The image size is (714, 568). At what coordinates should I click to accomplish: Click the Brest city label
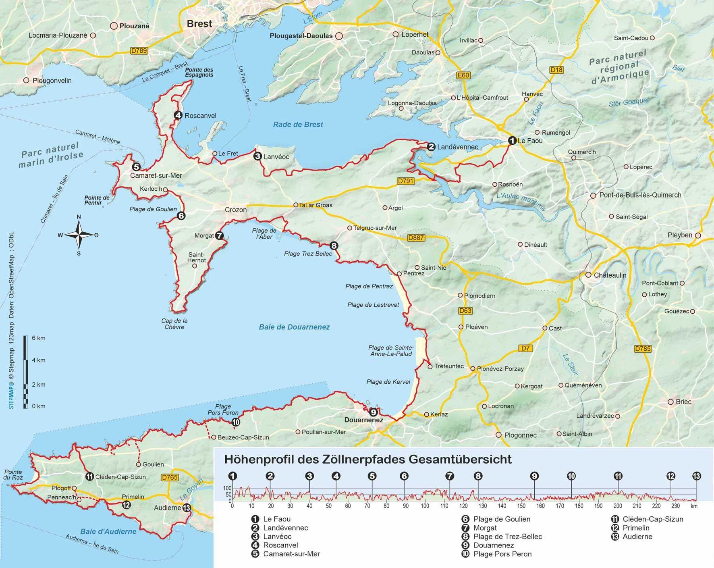(199, 24)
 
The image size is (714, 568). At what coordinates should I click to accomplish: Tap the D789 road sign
(139, 51)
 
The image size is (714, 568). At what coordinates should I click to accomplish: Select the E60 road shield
(463, 75)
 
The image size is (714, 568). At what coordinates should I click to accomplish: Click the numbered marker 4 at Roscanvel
(178, 115)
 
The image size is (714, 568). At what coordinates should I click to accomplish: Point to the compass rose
(79, 235)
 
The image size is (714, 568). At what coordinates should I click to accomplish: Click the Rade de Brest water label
(298, 125)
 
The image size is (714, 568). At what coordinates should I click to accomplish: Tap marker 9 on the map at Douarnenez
(373, 412)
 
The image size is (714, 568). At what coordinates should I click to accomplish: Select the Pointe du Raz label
(13, 474)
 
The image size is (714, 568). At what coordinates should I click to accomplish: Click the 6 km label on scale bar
(39, 338)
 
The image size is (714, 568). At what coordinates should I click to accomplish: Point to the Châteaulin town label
(610, 275)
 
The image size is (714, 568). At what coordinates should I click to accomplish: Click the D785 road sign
(642, 349)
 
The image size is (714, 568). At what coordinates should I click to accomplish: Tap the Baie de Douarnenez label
(294, 327)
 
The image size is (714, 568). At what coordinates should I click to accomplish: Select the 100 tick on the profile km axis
(425, 506)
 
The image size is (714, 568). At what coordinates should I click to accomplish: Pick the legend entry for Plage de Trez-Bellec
(507, 537)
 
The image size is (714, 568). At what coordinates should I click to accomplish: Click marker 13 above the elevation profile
(696, 476)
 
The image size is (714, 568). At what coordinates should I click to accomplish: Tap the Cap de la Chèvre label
(174, 324)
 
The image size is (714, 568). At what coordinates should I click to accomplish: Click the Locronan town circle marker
(484, 406)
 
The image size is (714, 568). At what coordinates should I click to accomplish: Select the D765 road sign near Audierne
(169, 478)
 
